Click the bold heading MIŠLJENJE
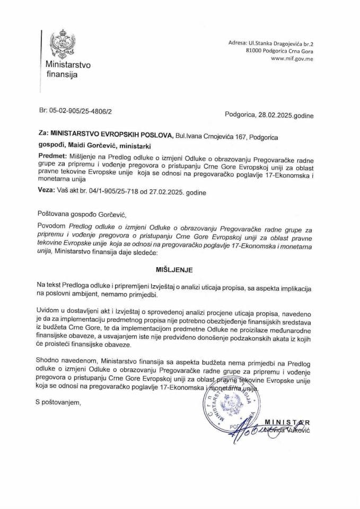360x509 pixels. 180,269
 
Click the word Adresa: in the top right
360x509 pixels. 238,42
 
